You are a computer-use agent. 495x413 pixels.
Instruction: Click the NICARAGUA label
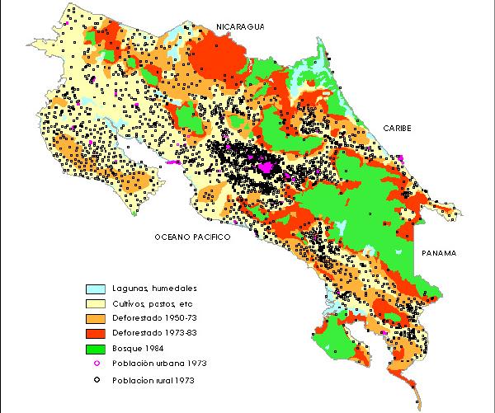click(240, 26)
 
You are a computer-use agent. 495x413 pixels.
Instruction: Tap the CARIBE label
click(398, 129)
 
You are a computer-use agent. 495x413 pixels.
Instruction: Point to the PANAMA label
click(438, 252)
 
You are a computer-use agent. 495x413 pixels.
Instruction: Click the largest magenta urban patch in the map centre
click(266, 167)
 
